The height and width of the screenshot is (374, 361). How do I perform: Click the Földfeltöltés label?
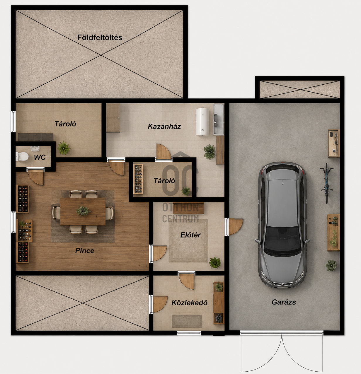[100, 37]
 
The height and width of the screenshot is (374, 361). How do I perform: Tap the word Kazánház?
[164, 126]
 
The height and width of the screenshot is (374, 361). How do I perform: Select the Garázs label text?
[284, 302]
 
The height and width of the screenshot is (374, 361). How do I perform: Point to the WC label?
[40, 157]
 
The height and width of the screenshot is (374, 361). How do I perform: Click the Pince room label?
[85, 250]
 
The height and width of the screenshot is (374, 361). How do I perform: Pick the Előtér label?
[190, 235]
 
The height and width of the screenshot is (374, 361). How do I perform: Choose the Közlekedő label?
[190, 303]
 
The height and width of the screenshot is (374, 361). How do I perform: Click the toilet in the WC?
[22, 156]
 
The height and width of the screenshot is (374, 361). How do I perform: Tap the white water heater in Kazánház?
[202, 122]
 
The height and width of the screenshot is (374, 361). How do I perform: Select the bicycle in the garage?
[327, 183]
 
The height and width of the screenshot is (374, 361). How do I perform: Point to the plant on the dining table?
[83, 211]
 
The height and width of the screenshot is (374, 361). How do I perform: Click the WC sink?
[35, 148]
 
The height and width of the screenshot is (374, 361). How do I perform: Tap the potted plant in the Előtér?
[215, 262]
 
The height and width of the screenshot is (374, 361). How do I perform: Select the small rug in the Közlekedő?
[187, 321]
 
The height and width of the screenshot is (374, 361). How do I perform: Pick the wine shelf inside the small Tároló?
[138, 179]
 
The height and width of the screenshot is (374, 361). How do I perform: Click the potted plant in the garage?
[331, 265]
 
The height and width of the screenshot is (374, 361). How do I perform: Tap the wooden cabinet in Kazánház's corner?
[113, 118]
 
